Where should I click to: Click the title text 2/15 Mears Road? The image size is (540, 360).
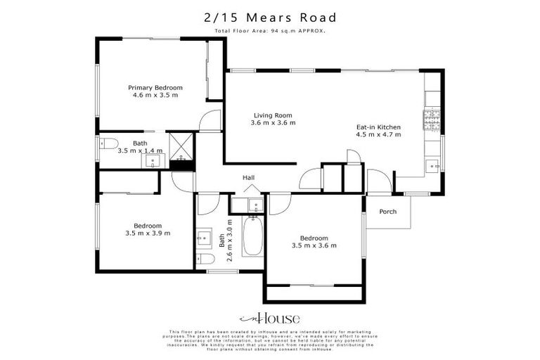pos(270,17)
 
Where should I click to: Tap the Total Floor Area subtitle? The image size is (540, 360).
pos(270,31)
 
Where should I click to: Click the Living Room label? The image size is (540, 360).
pos(273,115)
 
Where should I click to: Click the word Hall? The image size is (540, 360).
pos(248,178)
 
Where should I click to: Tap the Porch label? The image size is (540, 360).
pos(387,212)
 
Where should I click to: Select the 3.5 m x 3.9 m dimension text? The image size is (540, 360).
pos(148,233)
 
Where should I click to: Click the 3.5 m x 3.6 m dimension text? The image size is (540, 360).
pos(314,245)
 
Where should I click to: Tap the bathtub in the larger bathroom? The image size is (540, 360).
pos(252,237)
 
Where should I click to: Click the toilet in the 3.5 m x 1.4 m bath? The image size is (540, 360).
pos(106,145)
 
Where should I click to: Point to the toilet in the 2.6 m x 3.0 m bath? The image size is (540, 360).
pos(256,206)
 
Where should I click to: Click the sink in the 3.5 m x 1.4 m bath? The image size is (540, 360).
pos(154,161)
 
